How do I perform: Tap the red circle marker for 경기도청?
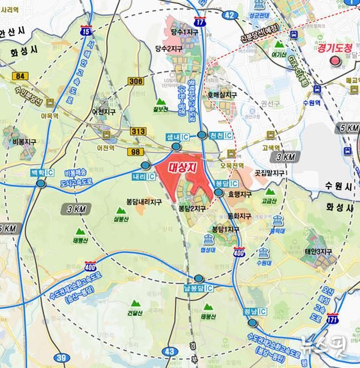click(335, 61)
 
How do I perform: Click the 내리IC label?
click(143, 176)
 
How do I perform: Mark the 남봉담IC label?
click(198, 288)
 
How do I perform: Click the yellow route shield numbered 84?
click(22, 76)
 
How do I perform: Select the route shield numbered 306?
click(135, 81)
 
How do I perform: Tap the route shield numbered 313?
click(138, 131)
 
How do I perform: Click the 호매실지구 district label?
click(222, 95)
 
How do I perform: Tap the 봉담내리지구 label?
click(143, 203)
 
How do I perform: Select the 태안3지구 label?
click(318, 252)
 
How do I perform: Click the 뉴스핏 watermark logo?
click(326, 345)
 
